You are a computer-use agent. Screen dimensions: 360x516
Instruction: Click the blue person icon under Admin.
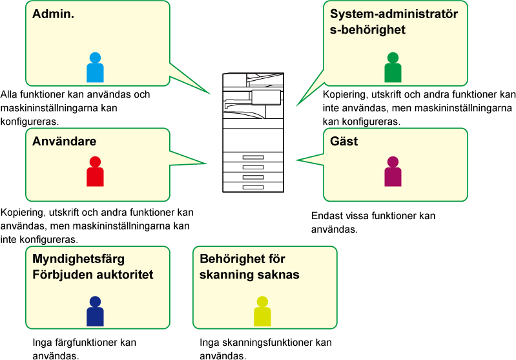(95, 69)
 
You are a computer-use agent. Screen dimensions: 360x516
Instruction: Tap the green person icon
(393, 69)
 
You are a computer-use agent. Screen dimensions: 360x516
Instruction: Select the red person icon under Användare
(95, 173)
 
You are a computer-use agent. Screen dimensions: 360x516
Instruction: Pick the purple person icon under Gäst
(393, 173)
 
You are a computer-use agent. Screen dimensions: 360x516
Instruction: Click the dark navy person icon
(95, 312)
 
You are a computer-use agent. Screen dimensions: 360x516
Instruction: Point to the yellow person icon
(262, 312)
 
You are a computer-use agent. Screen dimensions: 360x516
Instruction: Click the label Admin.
(54, 14)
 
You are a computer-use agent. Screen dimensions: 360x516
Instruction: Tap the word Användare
(65, 142)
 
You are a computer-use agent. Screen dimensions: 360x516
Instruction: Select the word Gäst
(344, 142)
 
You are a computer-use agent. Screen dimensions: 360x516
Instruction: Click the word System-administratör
(394, 14)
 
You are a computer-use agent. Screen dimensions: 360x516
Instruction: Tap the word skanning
(225, 275)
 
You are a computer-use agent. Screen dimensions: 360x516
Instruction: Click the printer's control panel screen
(266, 98)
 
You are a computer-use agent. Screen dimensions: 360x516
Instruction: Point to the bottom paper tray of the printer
(253, 187)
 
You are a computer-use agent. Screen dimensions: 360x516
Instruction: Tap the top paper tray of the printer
(253, 158)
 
